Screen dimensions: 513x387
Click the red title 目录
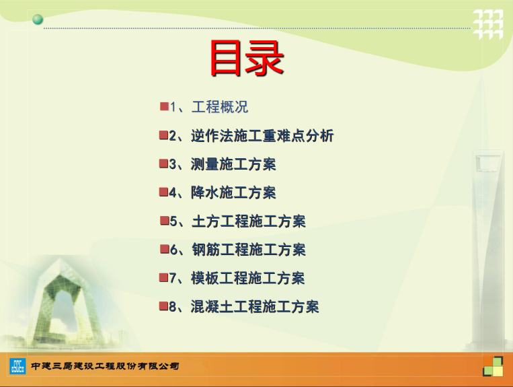point(247,59)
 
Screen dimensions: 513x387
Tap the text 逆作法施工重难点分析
point(262,135)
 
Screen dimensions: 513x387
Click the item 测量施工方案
point(233,164)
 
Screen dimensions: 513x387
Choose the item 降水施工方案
point(233,192)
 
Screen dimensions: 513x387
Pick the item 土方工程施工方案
point(249,221)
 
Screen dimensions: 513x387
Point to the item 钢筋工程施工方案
point(249,250)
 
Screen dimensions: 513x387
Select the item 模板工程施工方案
point(248,278)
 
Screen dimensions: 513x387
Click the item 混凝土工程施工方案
point(255,306)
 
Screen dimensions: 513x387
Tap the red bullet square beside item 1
point(164,106)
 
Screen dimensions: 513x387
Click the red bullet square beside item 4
point(163,192)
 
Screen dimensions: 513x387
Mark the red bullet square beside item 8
point(163,306)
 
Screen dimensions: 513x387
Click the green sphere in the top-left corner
point(38,20)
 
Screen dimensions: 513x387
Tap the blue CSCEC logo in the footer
point(17,366)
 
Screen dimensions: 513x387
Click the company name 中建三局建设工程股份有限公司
point(105,365)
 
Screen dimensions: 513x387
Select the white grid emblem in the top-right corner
point(488,24)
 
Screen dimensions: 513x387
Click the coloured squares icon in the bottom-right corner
point(493,366)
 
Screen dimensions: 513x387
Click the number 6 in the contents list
point(173,250)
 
